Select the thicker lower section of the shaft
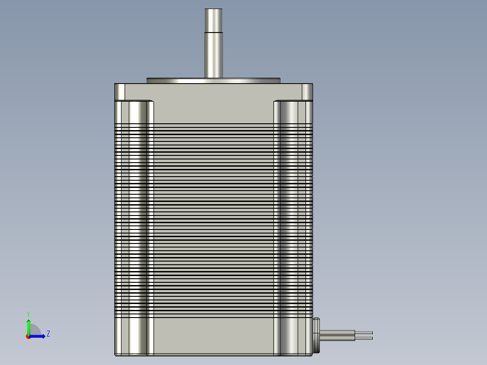214,54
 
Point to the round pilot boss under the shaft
214,81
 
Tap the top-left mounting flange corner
119,92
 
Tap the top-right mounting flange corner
307,92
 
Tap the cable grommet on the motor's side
316,335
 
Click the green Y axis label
28,314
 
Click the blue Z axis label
48,334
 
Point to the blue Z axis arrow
40,336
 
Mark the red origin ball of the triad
28,337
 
